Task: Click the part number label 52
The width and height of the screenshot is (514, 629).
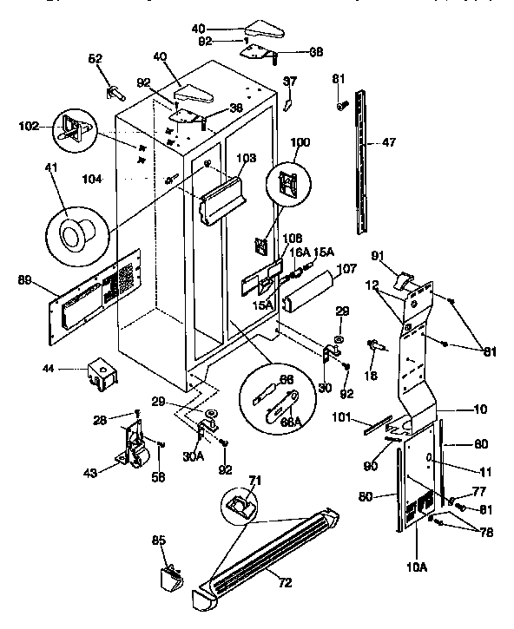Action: (x=95, y=59)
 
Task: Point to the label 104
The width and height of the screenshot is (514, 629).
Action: (x=90, y=179)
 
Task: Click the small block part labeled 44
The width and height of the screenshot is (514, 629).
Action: (x=100, y=374)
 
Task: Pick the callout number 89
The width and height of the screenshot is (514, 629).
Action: (x=24, y=279)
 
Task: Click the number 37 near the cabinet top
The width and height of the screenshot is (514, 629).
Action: (x=290, y=81)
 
